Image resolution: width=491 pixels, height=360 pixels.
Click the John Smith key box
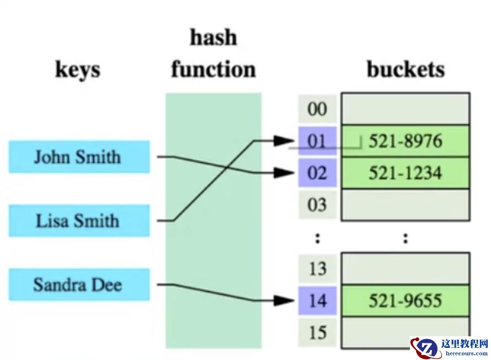[x=79, y=157]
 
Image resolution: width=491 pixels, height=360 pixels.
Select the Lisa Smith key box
[x=79, y=221]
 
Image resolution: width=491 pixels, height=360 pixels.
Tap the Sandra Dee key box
[x=79, y=285]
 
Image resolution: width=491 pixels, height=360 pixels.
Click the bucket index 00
[x=317, y=109]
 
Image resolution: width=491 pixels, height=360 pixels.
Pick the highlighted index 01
[x=317, y=142]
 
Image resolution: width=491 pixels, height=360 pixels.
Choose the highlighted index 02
[x=317, y=173]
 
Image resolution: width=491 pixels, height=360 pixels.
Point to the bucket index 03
[x=317, y=205]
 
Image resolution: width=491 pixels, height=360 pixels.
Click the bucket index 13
[x=317, y=269]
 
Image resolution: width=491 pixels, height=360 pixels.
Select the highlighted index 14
[x=317, y=301]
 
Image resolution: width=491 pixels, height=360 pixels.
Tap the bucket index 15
[x=317, y=332]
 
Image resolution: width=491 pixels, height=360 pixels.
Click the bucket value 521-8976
[x=405, y=142]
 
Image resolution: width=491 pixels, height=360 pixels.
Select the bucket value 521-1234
[x=405, y=173]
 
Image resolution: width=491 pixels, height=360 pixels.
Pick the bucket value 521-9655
[x=405, y=301]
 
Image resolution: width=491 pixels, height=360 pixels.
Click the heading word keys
[x=78, y=70]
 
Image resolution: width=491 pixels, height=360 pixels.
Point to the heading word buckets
[x=405, y=69]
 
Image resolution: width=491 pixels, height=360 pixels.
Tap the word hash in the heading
[x=213, y=37]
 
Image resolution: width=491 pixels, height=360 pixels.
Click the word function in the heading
[x=213, y=70]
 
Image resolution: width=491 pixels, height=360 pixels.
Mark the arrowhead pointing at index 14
[x=284, y=301]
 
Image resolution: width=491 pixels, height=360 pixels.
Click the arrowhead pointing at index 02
[x=284, y=173]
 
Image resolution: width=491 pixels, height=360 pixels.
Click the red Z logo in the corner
[x=423, y=348]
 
